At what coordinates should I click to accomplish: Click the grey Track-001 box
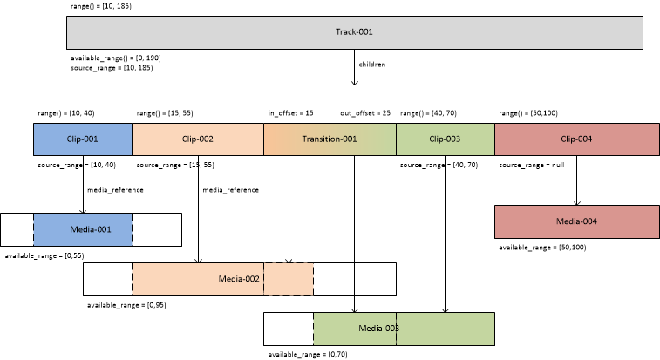coord(354,33)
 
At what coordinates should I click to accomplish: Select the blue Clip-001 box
coord(83,139)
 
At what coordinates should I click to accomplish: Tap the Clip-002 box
coord(197,139)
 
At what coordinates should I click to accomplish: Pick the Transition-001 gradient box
coord(330,139)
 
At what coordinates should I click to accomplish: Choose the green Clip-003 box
coord(445,139)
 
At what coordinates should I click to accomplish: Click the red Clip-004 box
coord(576,139)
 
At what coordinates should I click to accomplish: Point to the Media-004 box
coord(576,221)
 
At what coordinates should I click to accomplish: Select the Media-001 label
coord(83,229)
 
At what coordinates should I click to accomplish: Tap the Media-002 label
coord(238,278)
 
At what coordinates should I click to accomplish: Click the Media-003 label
coord(379,328)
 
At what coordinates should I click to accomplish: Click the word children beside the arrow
coord(372,65)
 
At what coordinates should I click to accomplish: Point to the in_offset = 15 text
coord(291,113)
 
